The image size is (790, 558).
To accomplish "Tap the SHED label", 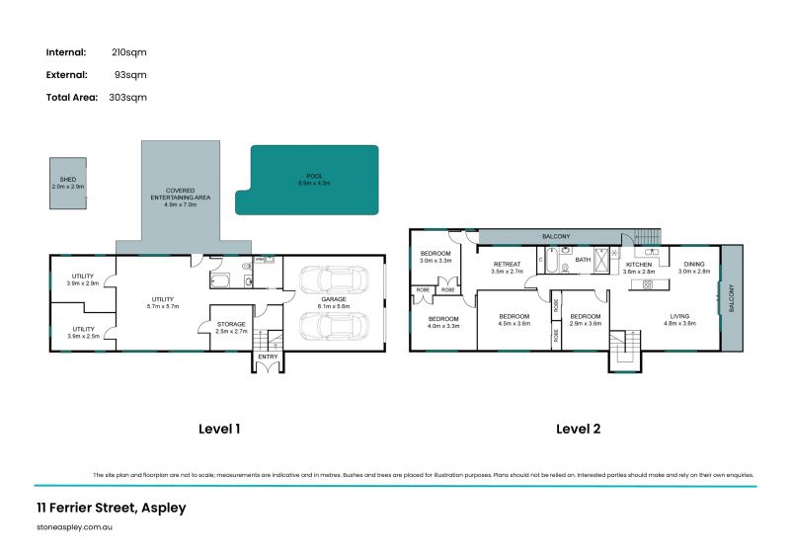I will [68, 180].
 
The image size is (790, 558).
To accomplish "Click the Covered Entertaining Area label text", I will [180, 194].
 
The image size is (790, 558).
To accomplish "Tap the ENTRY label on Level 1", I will [267, 358].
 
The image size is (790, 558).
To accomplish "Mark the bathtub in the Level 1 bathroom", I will [221, 280].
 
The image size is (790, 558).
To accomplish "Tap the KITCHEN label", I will [638, 265].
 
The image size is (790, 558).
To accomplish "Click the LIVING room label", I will [680, 317].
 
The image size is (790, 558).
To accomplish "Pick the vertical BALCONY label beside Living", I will [732, 298].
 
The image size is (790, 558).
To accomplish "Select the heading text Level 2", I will [578, 429].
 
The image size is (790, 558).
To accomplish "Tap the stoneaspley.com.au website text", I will [75, 528].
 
